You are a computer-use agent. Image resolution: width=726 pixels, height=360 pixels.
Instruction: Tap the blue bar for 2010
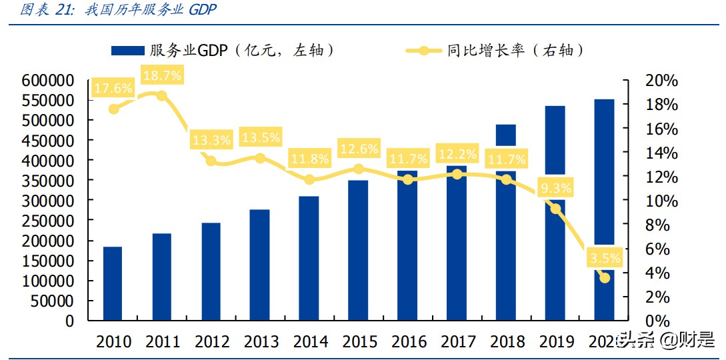pyautogui.click(x=113, y=283)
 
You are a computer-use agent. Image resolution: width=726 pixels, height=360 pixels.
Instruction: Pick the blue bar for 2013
pyautogui.click(x=260, y=265)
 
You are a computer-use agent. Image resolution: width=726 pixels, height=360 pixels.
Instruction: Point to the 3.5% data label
pyautogui.click(x=604, y=258)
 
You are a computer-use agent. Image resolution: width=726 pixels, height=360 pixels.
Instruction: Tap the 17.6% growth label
pyautogui.click(x=113, y=88)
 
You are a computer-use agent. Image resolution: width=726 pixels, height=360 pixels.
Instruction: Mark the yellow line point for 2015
pyautogui.click(x=359, y=169)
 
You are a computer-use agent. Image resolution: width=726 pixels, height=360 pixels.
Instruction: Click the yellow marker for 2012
pyautogui.click(x=211, y=161)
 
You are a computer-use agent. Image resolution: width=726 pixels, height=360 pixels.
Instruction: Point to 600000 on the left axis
pyautogui.click(x=47, y=81)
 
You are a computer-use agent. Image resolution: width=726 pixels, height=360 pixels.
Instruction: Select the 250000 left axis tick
pyautogui.click(x=47, y=221)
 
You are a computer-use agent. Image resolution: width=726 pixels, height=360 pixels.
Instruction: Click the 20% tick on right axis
pyautogui.click(x=662, y=81)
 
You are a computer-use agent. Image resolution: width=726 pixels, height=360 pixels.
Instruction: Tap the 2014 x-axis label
pyautogui.click(x=309, y=342)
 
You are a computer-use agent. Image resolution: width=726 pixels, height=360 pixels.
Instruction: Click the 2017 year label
pyautogui.click(x=457, y=342)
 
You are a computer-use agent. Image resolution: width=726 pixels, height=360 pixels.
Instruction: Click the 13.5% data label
pyautogui.click(x=260, y=137)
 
